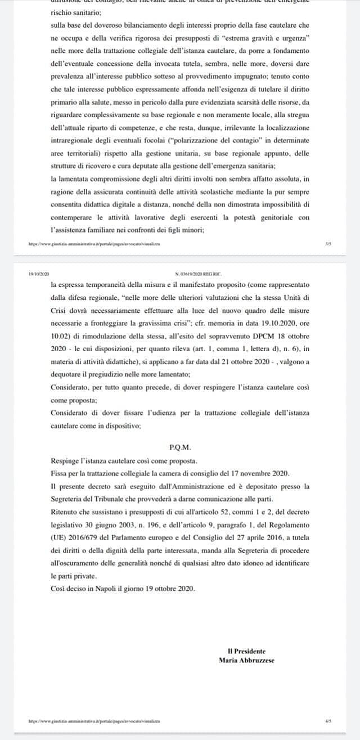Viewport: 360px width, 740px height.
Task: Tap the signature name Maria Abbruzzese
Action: pyautogui.click(x=246, y=660)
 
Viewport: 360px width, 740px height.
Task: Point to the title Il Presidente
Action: pyautogui.click(x=246, y=651)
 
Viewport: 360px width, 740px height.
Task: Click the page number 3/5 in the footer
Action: pyautogui.click(x=328, y=244)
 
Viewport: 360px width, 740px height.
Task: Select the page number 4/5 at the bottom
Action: pyautogui.click(x=328, y=720)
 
